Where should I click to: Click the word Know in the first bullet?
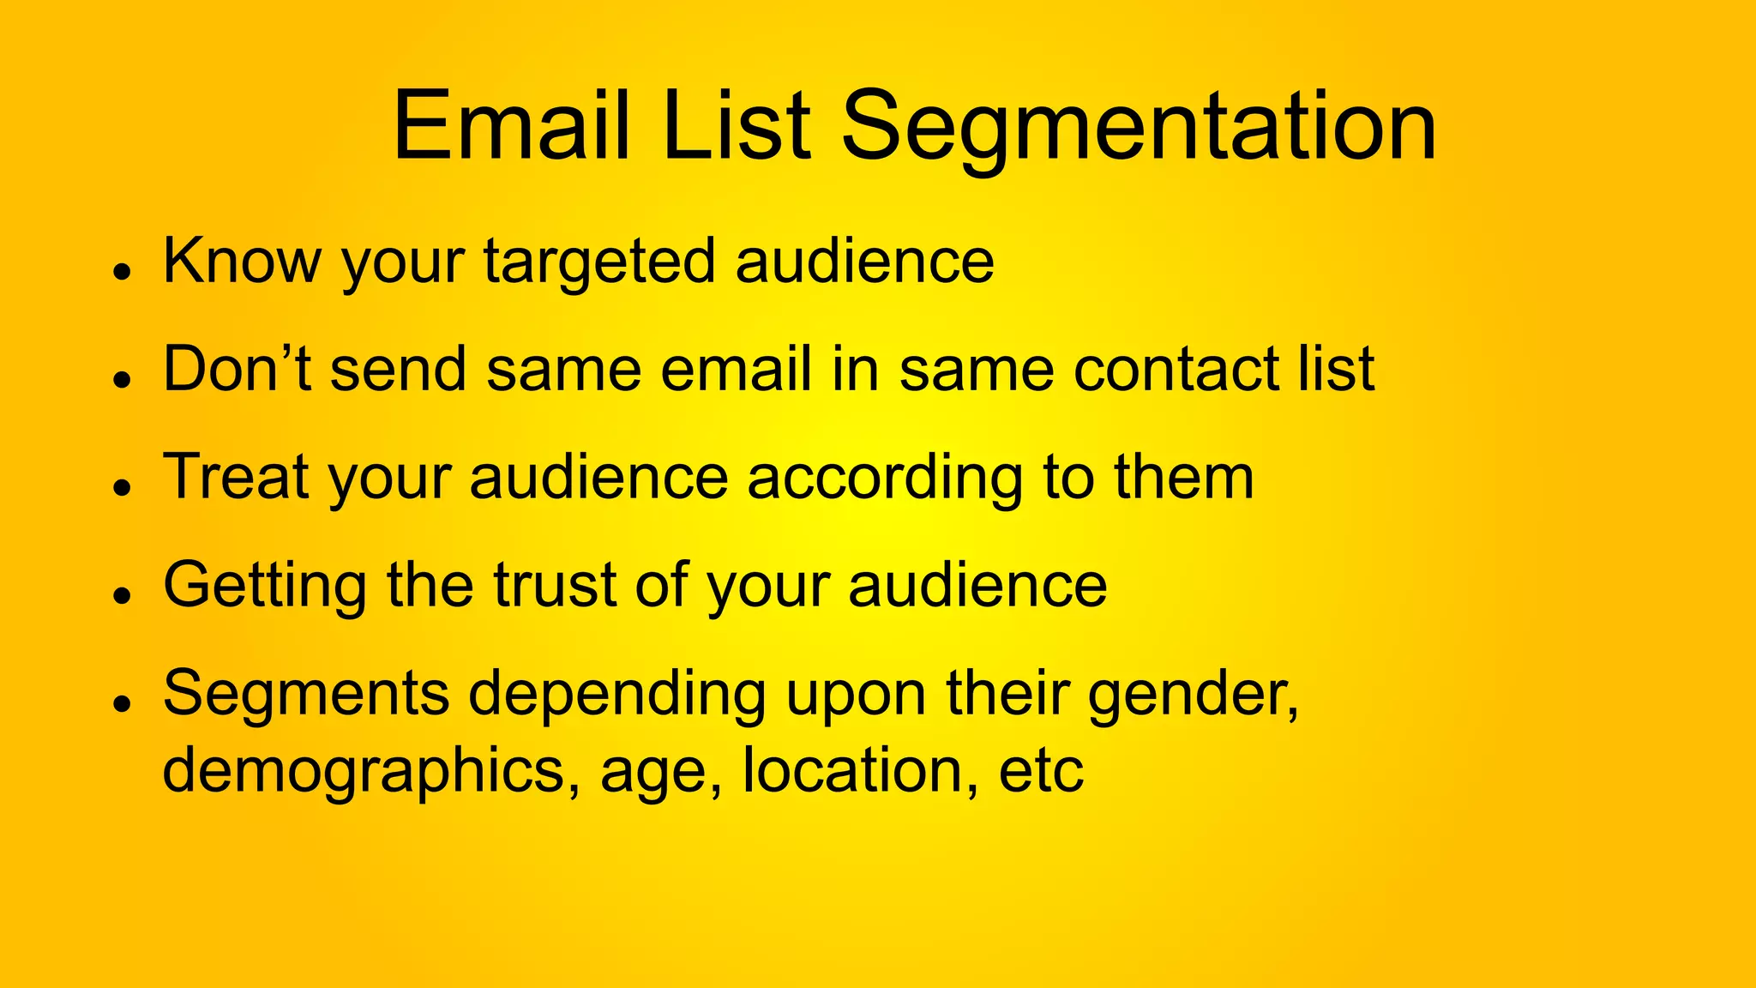tap(241, 261)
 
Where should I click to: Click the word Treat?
tap(236, 477)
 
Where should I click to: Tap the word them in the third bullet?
tap(1184, 477)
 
